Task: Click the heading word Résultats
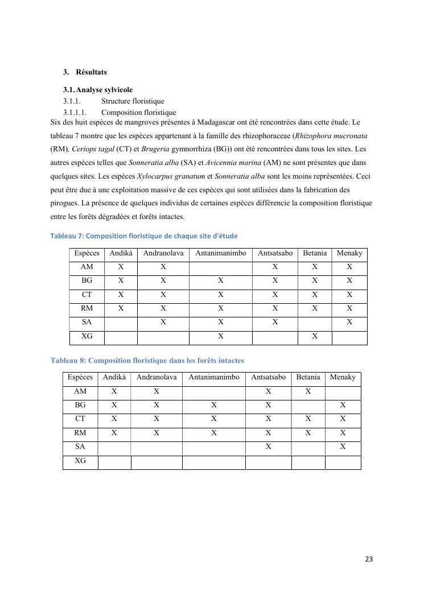91,72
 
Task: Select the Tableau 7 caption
144,236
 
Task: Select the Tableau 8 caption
147,361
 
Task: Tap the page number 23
369,559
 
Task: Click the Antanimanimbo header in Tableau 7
220,253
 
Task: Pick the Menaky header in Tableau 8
343,377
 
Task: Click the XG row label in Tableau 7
87,336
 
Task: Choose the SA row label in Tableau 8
80,447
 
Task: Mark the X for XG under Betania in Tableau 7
315,336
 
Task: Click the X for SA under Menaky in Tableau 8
343,447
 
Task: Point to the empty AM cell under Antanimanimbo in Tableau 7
220,267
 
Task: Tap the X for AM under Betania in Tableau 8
308,391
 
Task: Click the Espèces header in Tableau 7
87,253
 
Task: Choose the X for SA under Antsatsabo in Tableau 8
268,447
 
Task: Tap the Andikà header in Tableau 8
114,377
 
